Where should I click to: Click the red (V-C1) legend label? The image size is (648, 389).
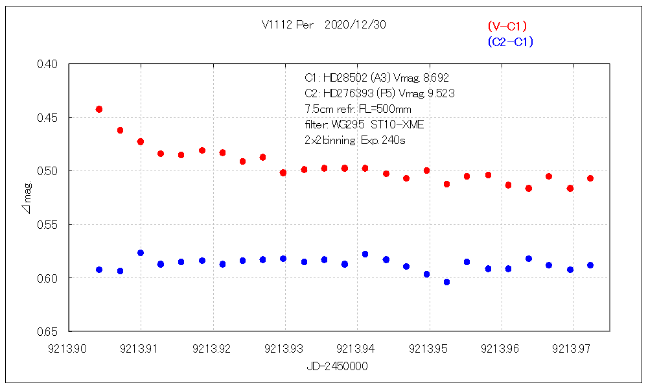(x=507, y=27)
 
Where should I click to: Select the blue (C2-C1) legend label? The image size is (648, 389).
(x=510, y=42)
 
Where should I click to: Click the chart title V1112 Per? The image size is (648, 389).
(x=288, y=25)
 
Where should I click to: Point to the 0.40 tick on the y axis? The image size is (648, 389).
(x=49, y=64)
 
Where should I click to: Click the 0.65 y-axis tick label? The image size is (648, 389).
(x=49, y=331)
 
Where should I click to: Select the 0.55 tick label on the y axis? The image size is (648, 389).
(x=49, y=224)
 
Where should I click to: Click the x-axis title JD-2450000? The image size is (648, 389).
(x=338, y=366)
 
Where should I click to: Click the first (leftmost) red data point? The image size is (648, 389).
(x=99, y=109)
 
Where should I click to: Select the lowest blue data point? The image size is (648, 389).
(x=446, y=282)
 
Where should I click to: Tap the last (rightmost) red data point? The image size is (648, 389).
(x=590, y=178)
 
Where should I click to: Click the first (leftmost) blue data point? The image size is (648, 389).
(x=99, y=270)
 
